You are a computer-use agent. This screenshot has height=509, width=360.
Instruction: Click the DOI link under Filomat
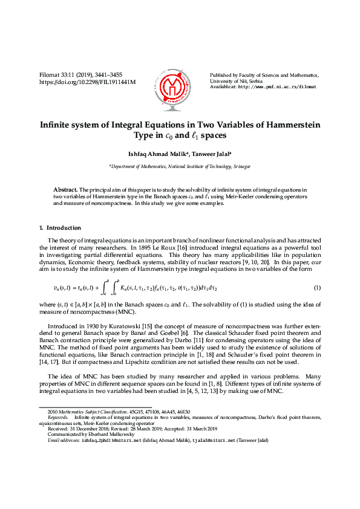click(x=87, y=82)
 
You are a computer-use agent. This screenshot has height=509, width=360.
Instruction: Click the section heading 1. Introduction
click(x=60, y=228)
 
